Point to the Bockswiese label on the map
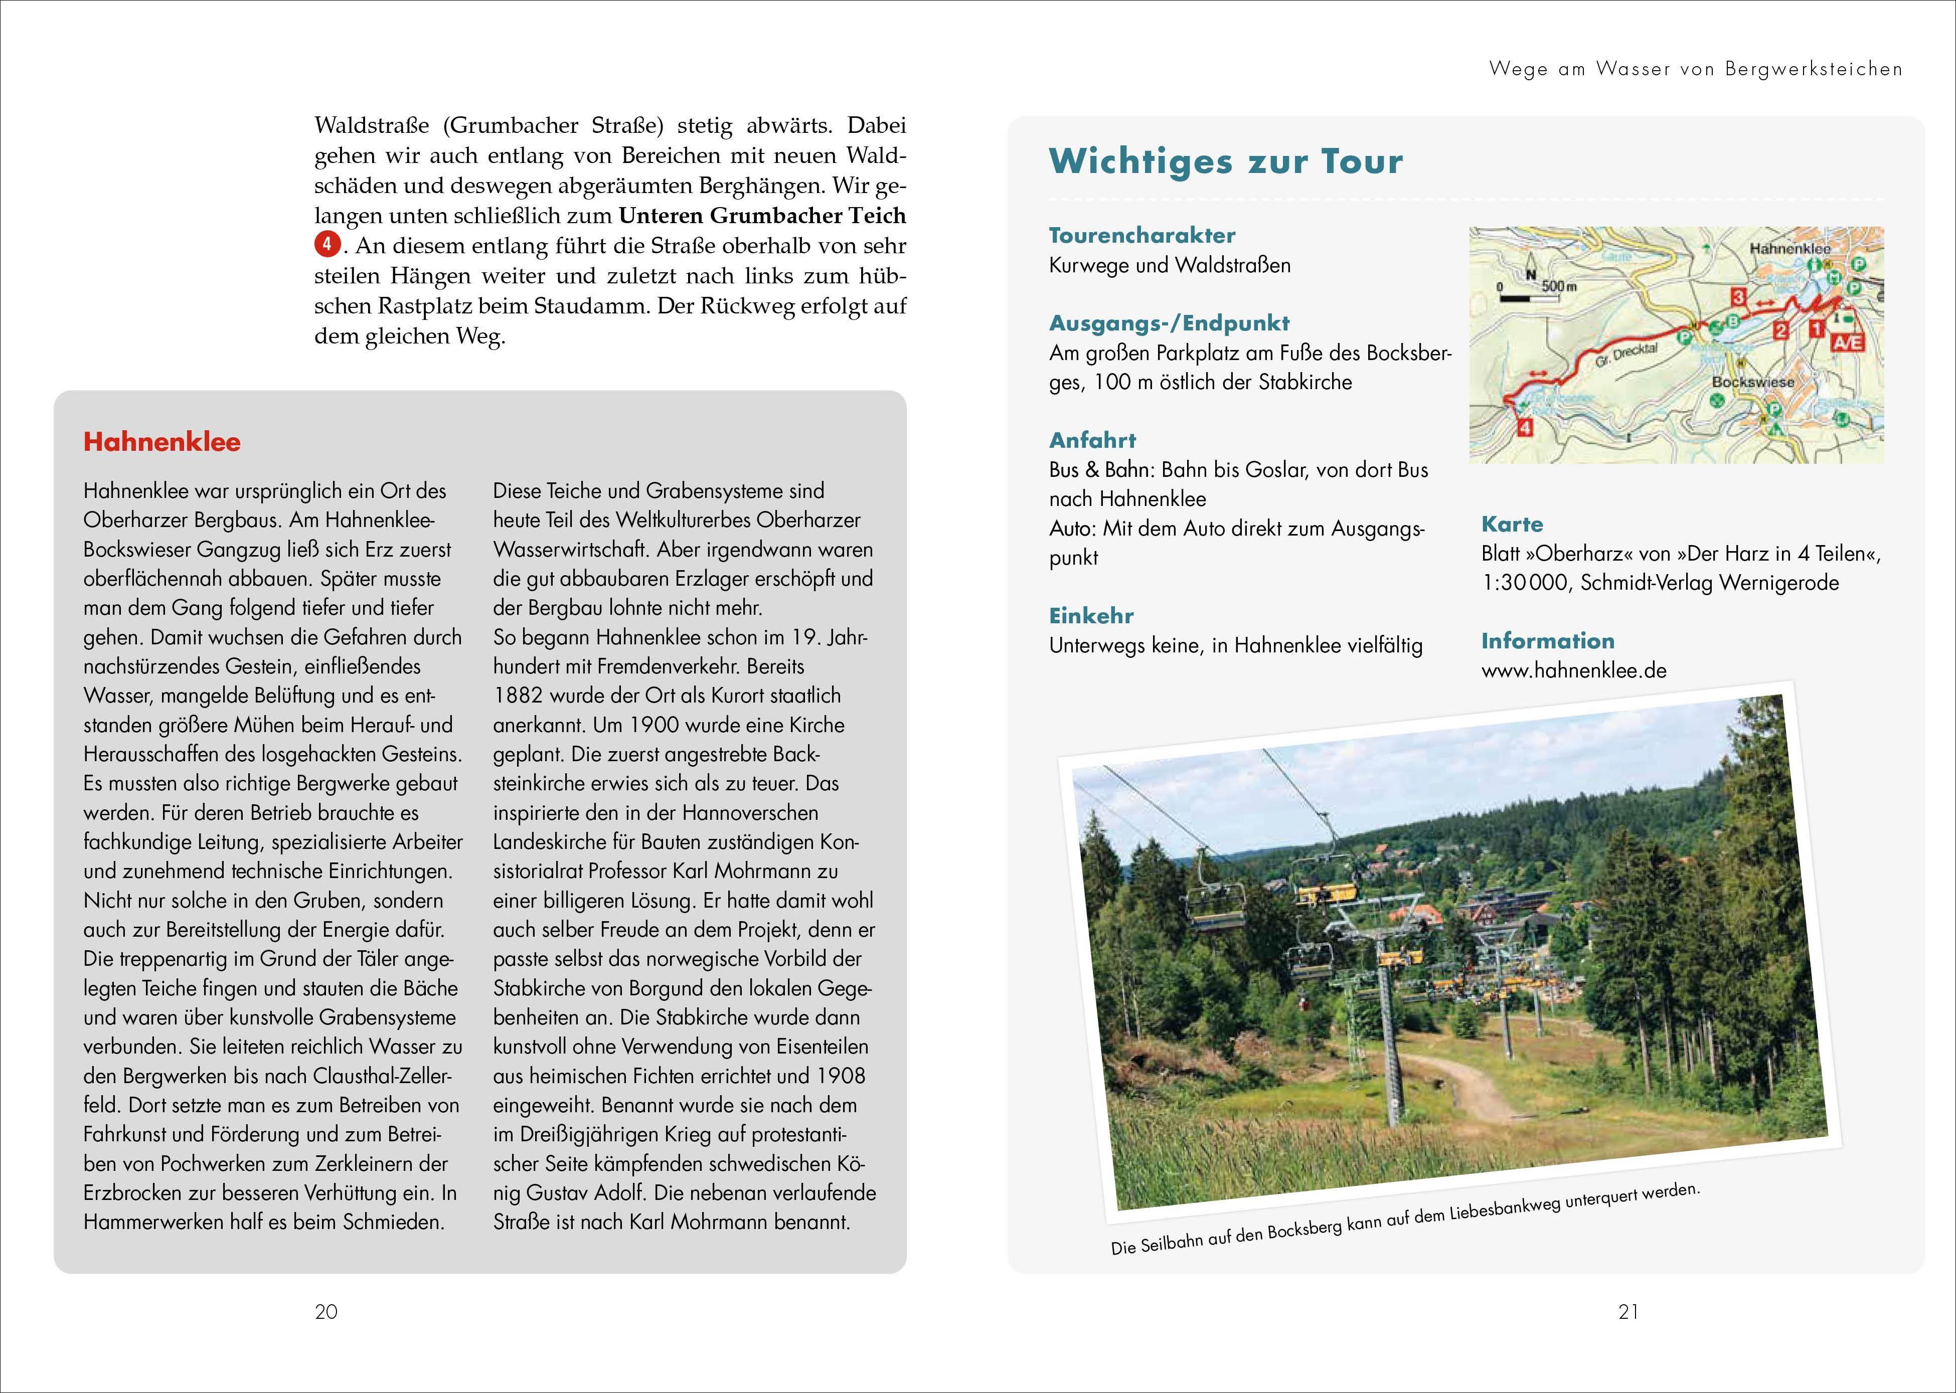click(1753, 382)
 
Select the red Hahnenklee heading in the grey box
click(162, 442)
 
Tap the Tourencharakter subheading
click(1142, 235)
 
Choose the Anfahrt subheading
click(1092, 440)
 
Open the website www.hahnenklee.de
click(1573, 671)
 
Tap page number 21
click(1628, 1311)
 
